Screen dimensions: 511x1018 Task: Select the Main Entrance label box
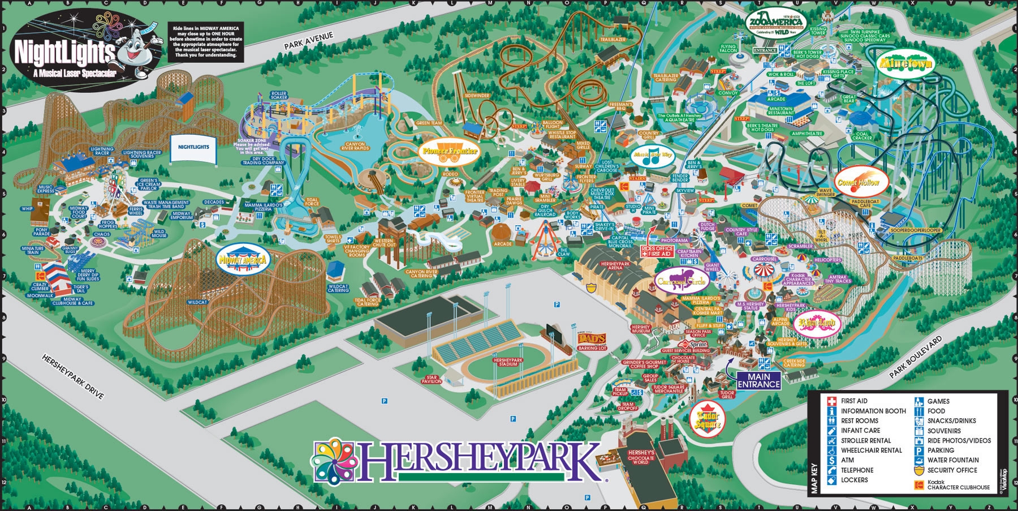(x=758, y=380)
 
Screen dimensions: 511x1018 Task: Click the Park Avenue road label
(x=309, y=41)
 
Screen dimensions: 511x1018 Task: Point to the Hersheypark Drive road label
(x=73, y=376)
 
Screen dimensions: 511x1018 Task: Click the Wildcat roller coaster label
(x=197, y=302)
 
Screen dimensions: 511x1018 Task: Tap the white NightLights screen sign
(x=193, y=148)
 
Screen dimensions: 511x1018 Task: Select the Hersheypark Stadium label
(x=508, y=362)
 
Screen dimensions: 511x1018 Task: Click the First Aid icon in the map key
(x=831, y=401)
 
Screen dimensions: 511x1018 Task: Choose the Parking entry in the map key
(x=941, y=450)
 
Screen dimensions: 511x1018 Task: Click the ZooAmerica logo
(x=776, y=22)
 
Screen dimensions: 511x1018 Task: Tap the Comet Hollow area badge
(x=859, y=182)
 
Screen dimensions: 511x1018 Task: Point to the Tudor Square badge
(x=708, y=420)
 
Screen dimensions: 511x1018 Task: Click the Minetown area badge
(x=905, y=63)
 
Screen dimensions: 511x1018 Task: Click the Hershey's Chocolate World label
(x=641, y=457)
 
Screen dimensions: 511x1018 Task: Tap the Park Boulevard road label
(x=916, y=357)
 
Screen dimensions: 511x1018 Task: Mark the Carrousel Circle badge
(x=681, y=281)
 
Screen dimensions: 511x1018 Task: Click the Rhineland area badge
(x=817, y=323)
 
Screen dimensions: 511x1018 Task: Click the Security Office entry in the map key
(x=952, y=470)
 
